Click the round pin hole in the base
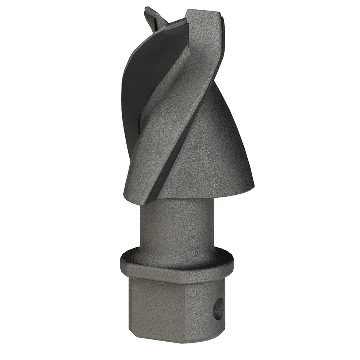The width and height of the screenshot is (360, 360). (x=218, y=309)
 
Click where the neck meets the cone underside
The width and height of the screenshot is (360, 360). (x=176, y=200)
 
